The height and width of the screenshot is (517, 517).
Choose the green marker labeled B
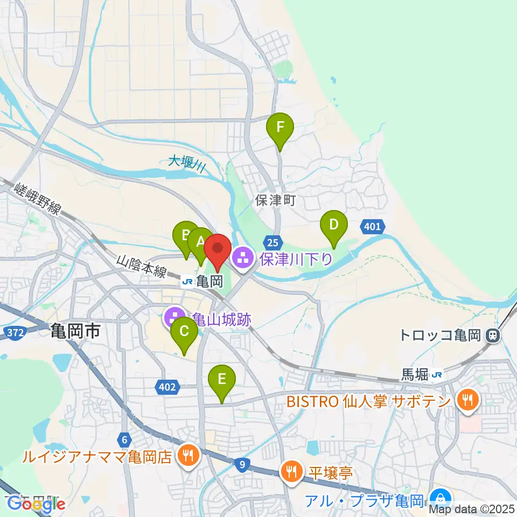185,236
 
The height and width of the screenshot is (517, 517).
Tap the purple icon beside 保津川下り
243,259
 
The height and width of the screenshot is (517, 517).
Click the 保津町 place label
276,201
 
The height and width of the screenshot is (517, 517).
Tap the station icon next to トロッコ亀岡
492,336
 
